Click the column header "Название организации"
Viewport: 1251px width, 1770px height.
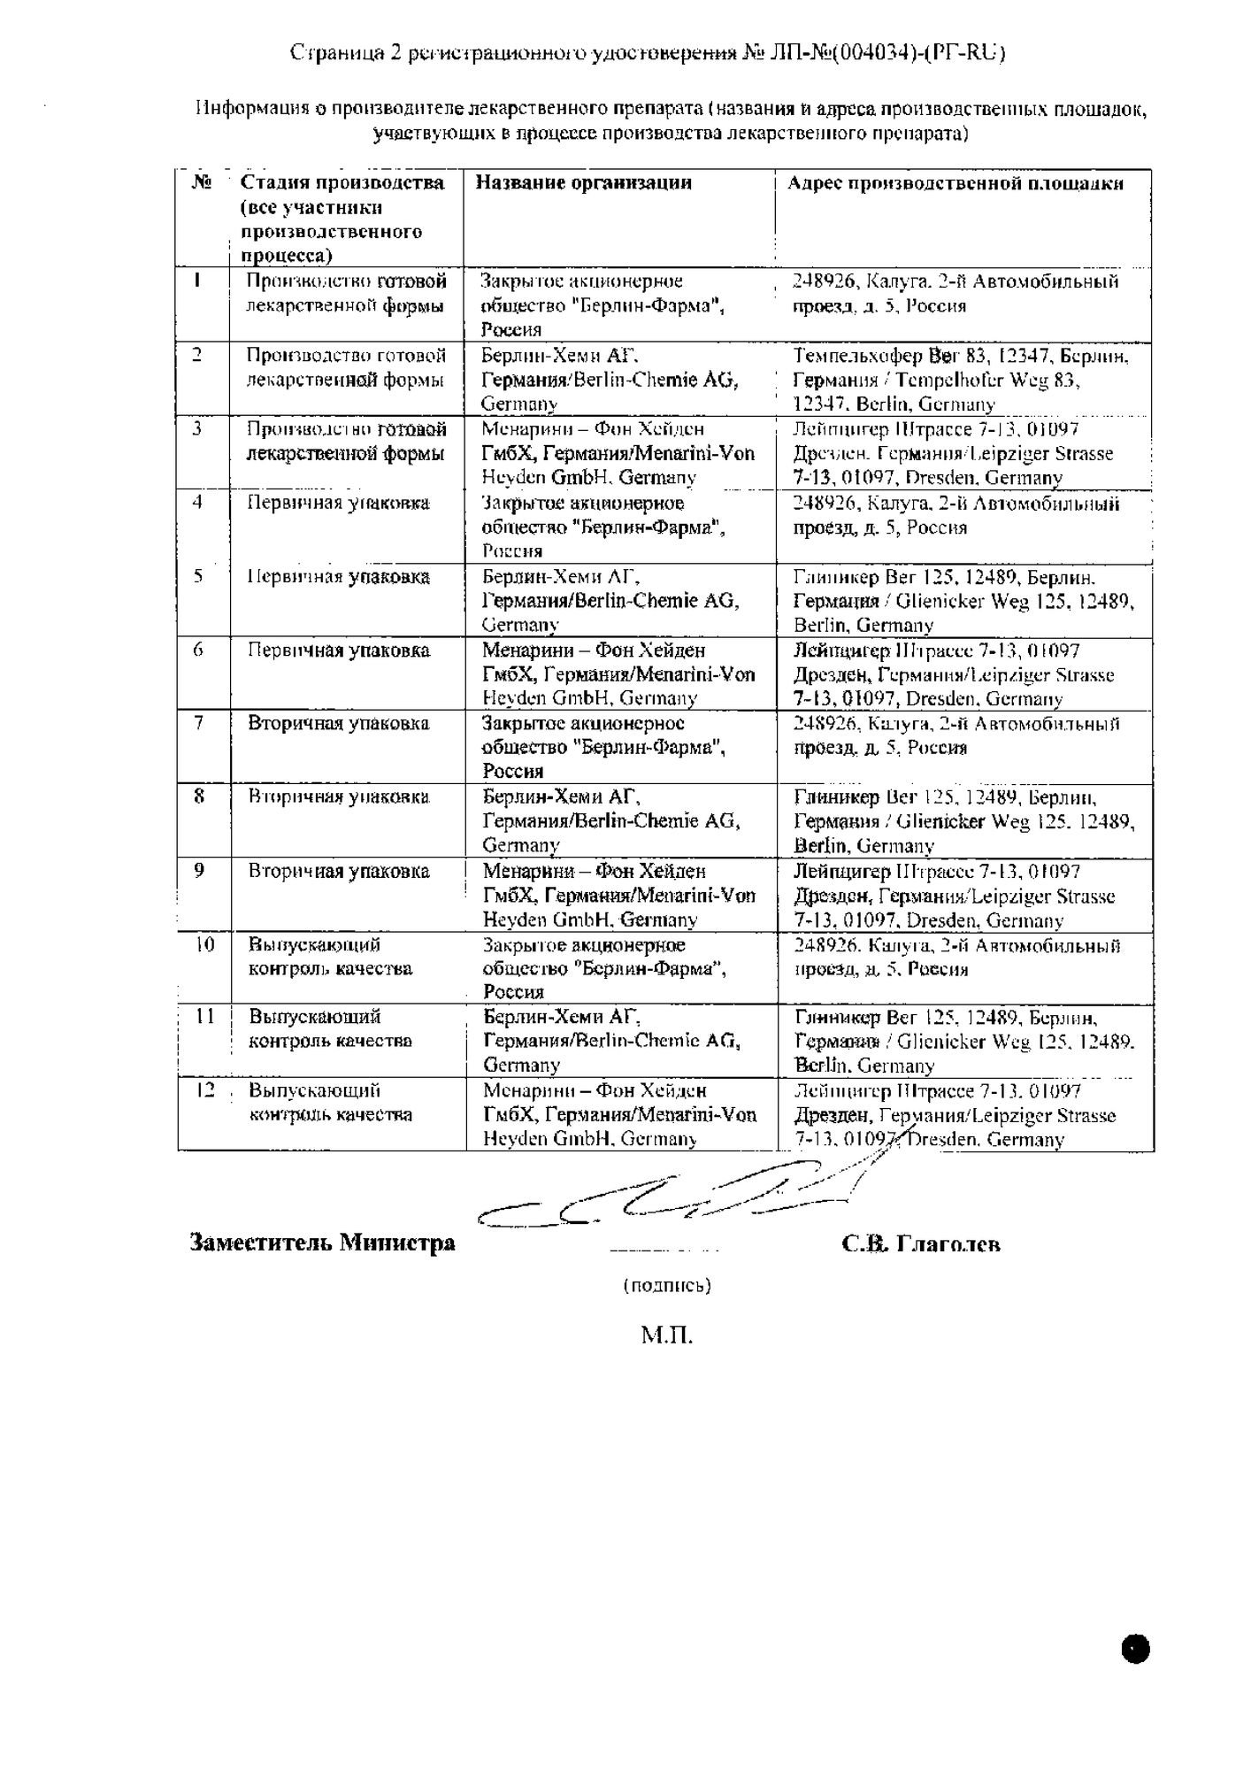(583, 183)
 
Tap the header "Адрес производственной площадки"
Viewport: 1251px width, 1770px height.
(956, 183)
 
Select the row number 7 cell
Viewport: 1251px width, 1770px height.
(200, 723)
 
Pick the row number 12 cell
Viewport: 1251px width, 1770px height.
(204, 1090)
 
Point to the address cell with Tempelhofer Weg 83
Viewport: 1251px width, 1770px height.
(961, 380)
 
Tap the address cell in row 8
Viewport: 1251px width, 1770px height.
(963, 820)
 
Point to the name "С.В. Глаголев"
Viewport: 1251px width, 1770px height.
(921, 1243)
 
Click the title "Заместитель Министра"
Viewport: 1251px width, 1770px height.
(322, 1243)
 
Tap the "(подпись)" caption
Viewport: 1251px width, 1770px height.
(666, 1284)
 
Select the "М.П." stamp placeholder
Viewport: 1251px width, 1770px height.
(666, 1335)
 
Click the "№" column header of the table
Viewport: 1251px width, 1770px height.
(201, 183)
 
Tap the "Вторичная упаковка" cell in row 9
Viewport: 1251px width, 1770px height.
(339, 871)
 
